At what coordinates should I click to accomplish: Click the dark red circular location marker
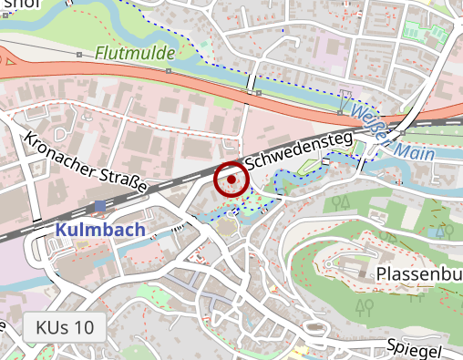tap(231, 180)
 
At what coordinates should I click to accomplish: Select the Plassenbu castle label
tap(418, 273)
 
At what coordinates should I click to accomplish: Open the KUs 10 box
tap(65, 327)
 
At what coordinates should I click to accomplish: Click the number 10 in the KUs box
tap(83, 327)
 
